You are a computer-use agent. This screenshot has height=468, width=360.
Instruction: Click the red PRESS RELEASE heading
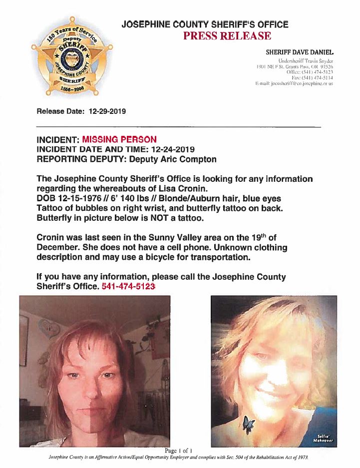[x=227, y=36]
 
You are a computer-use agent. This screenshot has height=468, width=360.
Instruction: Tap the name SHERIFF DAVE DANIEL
[x=300, y=52]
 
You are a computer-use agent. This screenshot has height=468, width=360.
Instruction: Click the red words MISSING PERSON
[x=119, y=139]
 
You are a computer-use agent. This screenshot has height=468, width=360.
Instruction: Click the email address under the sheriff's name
[x=294, y=83]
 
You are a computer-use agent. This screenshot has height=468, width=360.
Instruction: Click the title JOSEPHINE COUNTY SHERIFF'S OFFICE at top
[x=205, y=24]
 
